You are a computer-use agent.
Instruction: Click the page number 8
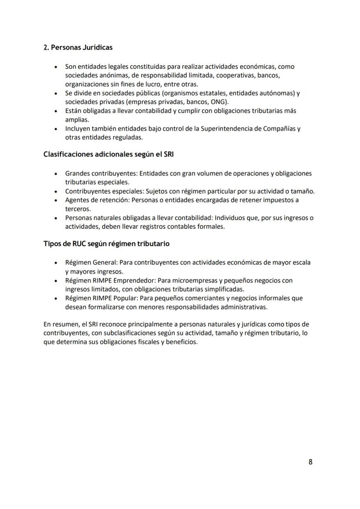click(x=310, y=462)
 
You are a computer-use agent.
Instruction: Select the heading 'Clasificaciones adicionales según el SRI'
click(x=109, y=154)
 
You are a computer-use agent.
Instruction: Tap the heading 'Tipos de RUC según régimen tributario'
click(x=107, y=244)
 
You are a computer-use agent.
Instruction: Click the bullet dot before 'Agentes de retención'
click(x=55, y=201)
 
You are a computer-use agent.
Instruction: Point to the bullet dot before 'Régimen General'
click(x=55, y=263)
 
